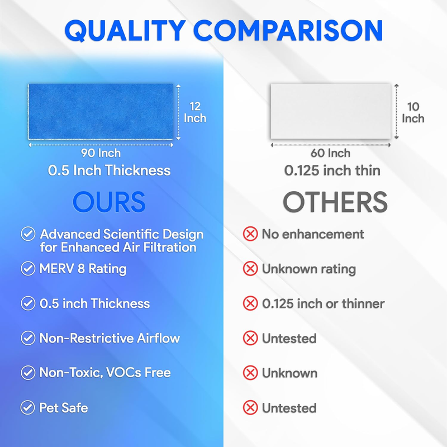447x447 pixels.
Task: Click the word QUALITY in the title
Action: tap(125, 31)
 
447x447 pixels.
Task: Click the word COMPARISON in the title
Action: tap(288, 30)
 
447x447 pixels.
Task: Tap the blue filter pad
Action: tap(101, 111)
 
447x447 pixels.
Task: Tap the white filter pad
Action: tap(331, 111)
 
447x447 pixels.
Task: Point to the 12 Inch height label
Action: tap(195, 112)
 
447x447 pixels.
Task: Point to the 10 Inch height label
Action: tap(413, 113)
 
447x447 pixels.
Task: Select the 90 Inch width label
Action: tap(101, 153)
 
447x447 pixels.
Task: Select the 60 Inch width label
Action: tap(330, 153)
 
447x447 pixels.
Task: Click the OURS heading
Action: tap(109, 202)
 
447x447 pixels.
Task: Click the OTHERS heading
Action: tap(335, 202)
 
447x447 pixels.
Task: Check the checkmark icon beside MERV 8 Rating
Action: tap(28, 269)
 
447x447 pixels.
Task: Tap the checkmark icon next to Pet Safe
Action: tap(27, 408)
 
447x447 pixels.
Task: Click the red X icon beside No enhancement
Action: tap(250, 234)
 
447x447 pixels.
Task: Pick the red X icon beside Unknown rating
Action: tap(250, 269)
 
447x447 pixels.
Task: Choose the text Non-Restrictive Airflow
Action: tap(110, 339)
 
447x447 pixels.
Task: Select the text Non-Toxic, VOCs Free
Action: tap(105, 373)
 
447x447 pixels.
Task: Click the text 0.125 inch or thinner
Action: tap(324, 303)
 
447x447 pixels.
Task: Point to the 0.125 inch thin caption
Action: tap(332, 170)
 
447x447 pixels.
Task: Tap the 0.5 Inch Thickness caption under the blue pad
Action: tap(109, 170)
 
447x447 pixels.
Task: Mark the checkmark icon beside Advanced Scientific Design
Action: tap(28, 234)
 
